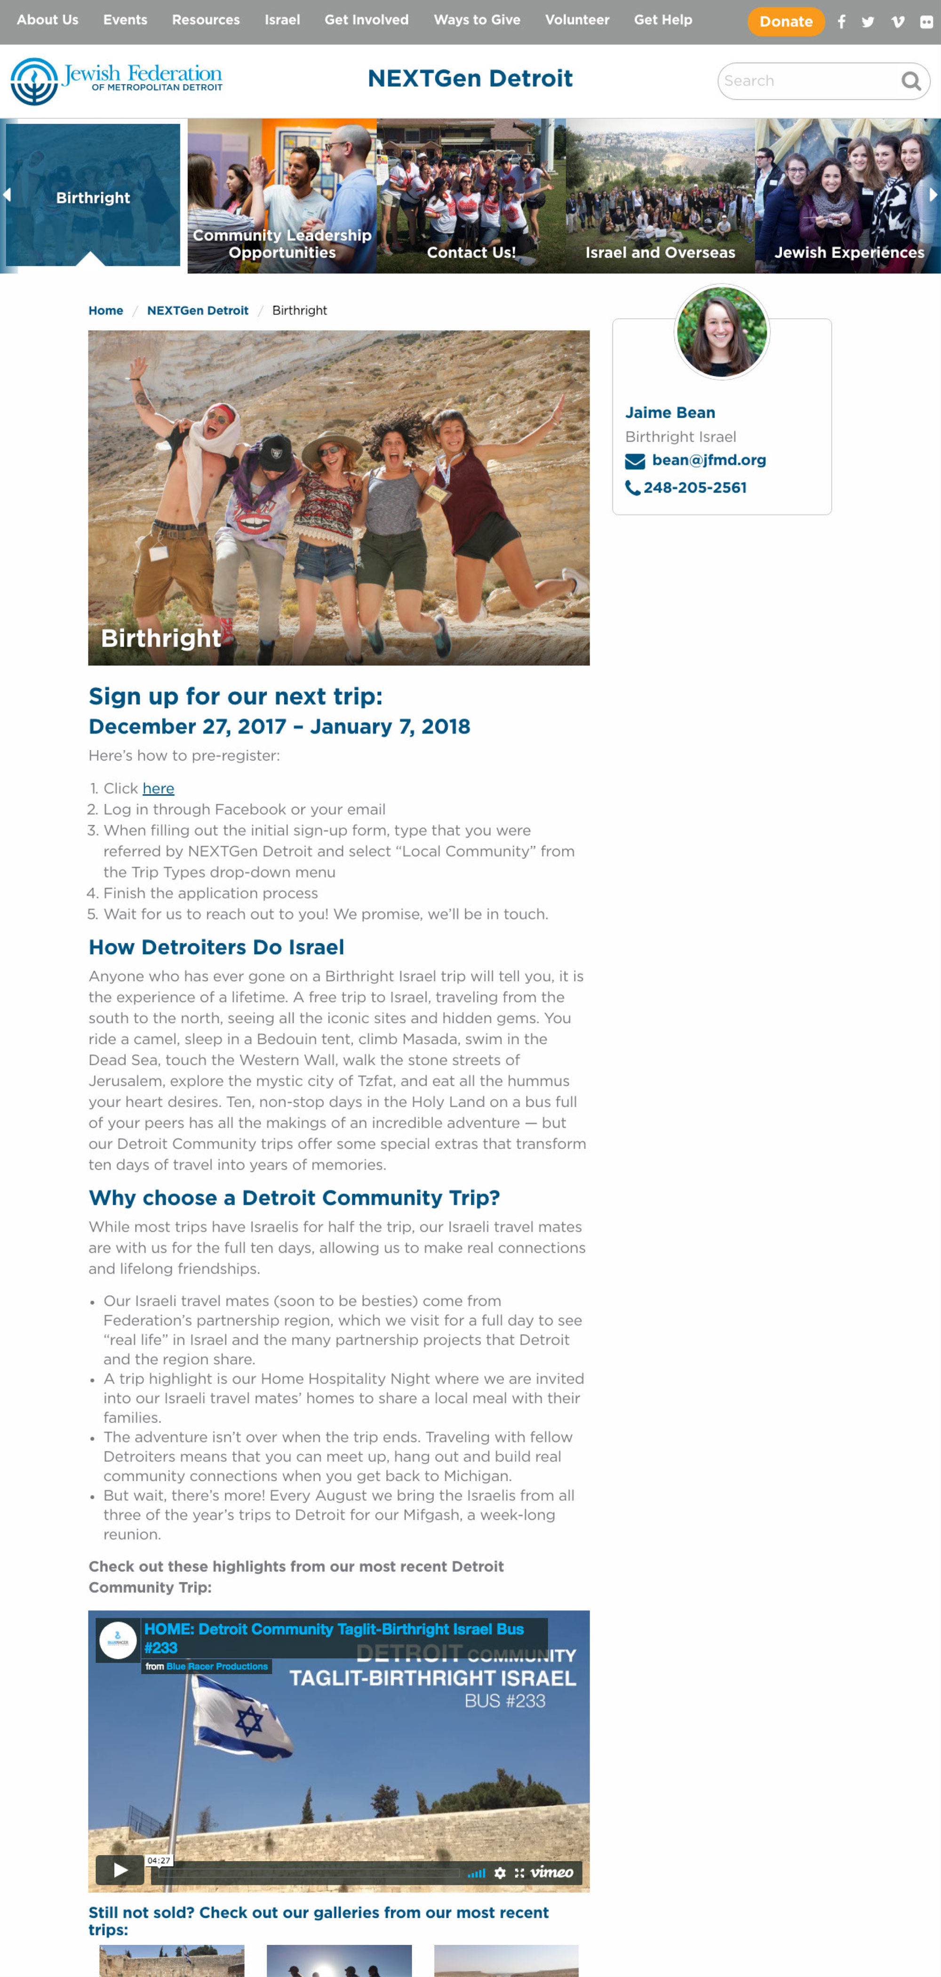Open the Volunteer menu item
pos(577,20)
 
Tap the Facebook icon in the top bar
pos(841,22)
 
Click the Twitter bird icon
pos(868,22)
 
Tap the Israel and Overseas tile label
pos(660,252)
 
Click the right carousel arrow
pos(933,195)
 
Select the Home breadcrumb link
pos(106,311)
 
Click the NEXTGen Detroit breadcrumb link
pos(197,311)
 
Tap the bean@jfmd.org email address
pos(709,460)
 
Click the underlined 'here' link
pos(158,788)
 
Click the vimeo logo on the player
pos(551,1872)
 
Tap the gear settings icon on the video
pos(500,1872)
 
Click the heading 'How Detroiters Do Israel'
pos(216,947)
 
